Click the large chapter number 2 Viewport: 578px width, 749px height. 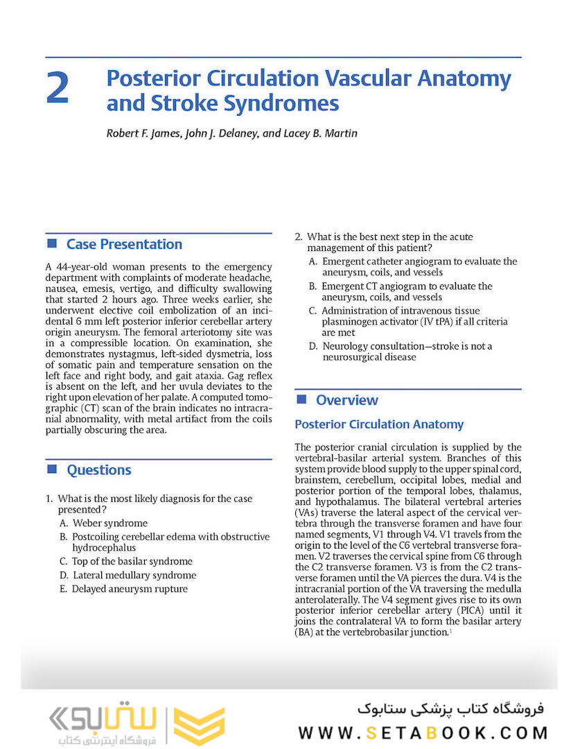click(58, 89)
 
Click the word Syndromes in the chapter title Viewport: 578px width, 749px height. click(285, 103)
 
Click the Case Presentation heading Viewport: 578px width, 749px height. click(124, 244)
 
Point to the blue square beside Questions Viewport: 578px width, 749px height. click(51, 470)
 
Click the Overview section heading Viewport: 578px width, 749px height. click(347, 400)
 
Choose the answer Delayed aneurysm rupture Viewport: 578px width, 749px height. click(130, 589)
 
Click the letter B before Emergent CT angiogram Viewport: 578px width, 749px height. click(313, 286)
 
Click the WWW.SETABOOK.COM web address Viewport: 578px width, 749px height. click(423, 732)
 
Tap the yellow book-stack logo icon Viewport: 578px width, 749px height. click(199, 726)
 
